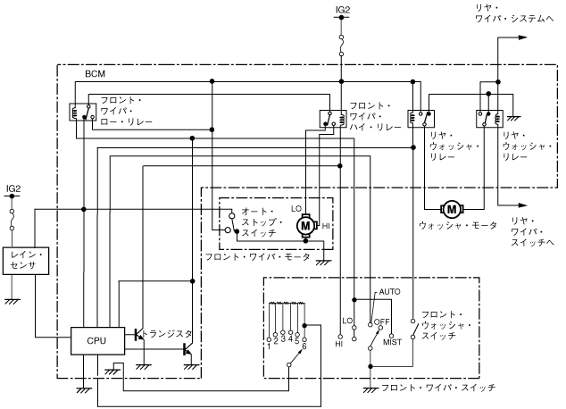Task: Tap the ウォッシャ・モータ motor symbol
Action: [x=451, y=209]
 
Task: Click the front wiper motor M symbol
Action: [x=306, y=226]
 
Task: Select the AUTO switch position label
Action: [x=390, y=292]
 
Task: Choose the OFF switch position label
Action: [x=386, y=321]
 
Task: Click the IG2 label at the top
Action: [x=342, y=10]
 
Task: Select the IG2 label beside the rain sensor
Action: [x=13, y=188]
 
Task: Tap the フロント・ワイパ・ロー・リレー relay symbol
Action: [x=79, y=111]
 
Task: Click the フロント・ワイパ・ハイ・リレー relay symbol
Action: [x=328, y=116]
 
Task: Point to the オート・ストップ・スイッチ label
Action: [x=258, y=222]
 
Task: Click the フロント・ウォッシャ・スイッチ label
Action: [x=444, y=325]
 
